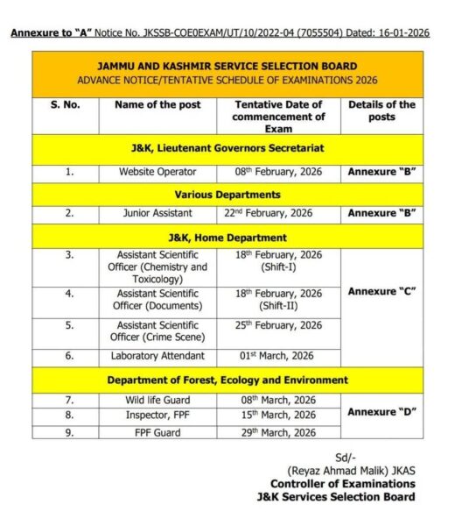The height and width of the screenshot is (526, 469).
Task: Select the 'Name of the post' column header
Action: point(157,104)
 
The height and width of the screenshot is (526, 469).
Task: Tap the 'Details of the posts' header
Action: point(381,110)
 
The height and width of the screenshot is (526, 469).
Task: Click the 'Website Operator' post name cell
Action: point(157,172)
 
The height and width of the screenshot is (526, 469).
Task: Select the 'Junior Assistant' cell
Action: point(157,213)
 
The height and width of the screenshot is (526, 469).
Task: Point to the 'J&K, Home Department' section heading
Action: point(227,237)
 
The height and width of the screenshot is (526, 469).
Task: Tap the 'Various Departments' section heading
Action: point(227,194)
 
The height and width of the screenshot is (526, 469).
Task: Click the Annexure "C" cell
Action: point(381,292)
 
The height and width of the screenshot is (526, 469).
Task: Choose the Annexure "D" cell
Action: point(381,411)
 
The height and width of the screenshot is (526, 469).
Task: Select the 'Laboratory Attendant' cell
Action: point(157,356)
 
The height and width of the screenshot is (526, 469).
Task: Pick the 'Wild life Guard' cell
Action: point(157,400)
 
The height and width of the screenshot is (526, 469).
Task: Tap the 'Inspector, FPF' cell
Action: point(157,415)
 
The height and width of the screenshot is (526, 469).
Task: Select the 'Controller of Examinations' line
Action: point(342,484)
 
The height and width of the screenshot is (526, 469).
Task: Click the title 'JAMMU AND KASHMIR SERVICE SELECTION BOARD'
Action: point(227,66)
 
